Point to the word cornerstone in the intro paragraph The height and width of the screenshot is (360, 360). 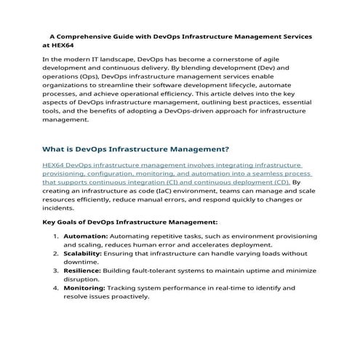[x=259, y=58]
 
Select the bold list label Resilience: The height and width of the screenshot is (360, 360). [x=84, y=271]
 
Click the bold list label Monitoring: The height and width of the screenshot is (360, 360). [x=86, y=288]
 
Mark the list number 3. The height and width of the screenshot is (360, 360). [x=56, y=271]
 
